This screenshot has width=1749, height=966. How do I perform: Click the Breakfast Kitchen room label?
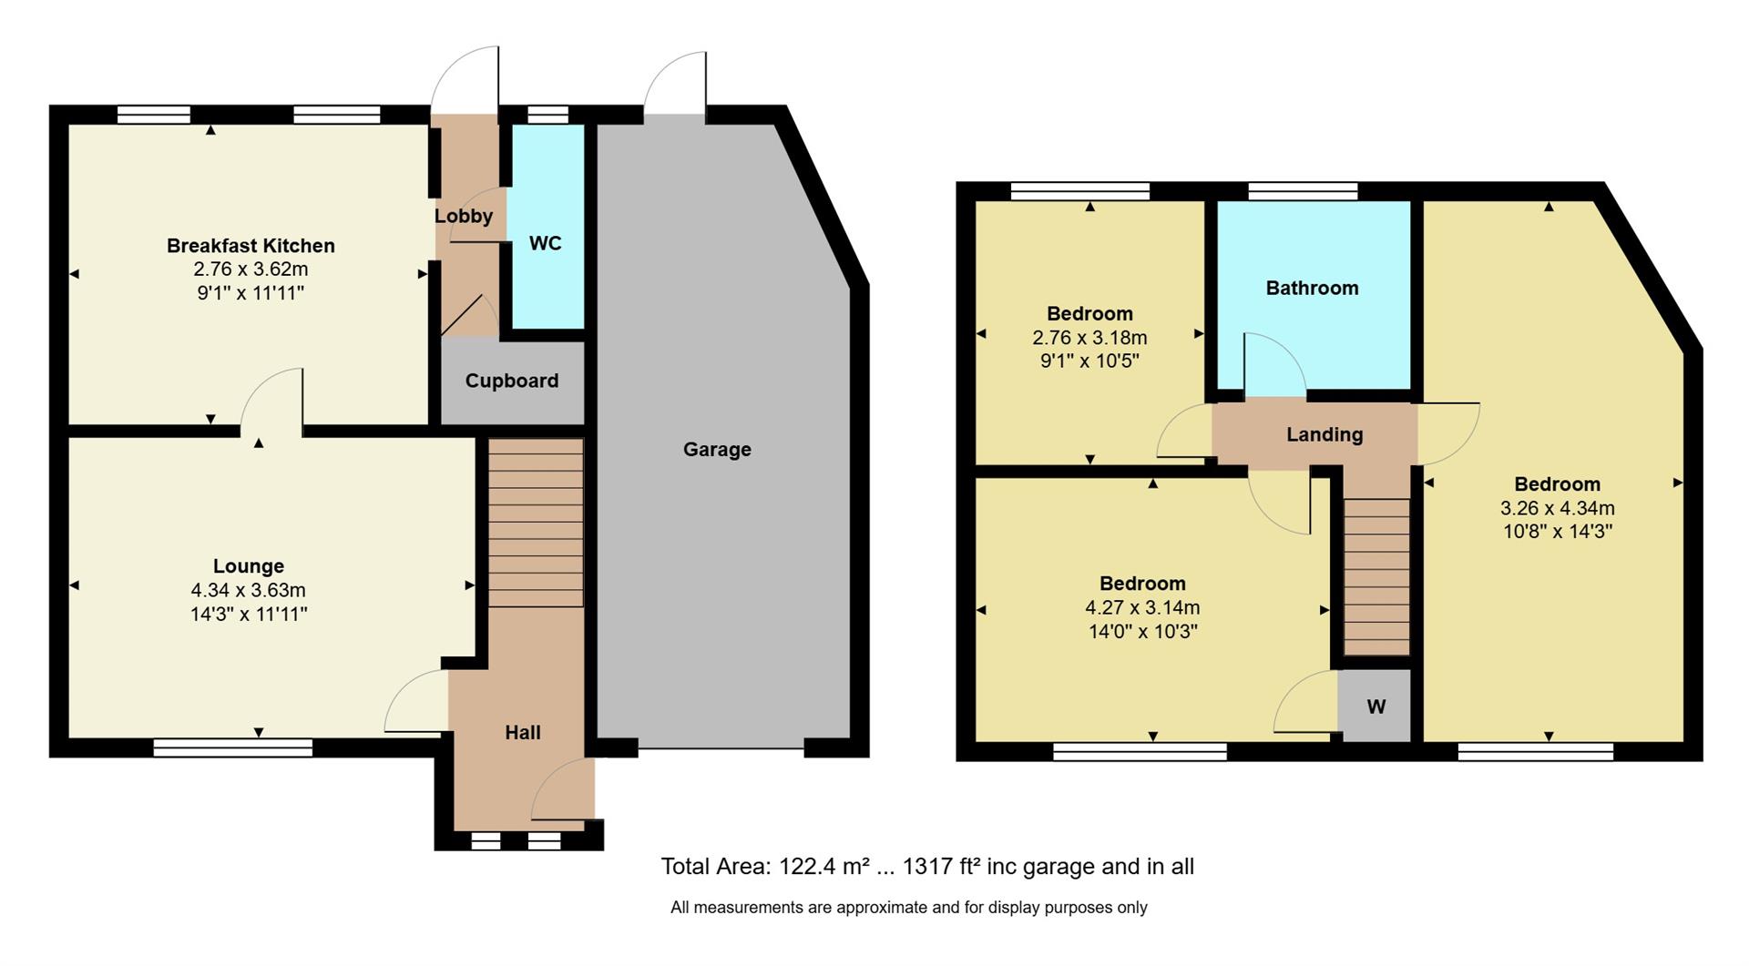(x=251, y=246)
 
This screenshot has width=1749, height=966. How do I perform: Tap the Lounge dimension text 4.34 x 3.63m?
(x=248, y=590)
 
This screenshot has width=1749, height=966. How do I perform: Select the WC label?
(x=545, y=243)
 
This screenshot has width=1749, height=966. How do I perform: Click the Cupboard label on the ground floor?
(x=512, y=381)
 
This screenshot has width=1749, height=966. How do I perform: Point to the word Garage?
(x=717, y=449)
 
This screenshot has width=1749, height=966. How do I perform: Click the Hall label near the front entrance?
(x=523, y=732)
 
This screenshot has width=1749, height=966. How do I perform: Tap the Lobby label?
(x=464, y=216)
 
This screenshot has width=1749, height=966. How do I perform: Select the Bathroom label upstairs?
(x=1312, y=288)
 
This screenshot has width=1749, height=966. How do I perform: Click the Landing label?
(x=1325, y=434)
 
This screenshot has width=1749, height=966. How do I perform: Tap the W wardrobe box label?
(x=1376, y=707)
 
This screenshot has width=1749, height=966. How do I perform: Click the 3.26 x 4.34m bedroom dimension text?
(x=1557, y=508)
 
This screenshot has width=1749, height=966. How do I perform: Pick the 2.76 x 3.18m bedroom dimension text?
(x=1089, y=337)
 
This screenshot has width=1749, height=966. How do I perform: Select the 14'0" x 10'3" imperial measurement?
(x=1142, y=631)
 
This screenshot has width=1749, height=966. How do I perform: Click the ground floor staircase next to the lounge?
(x=536, y=523)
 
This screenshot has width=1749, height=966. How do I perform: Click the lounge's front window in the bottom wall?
(x=233, y=747)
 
